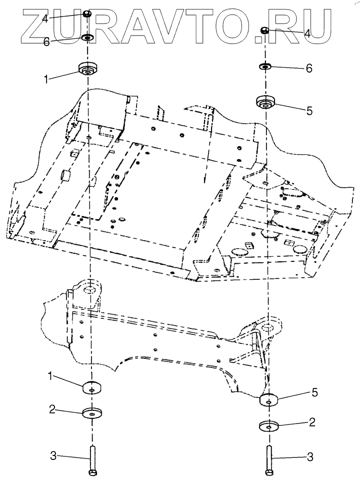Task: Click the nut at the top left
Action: coord(87,14)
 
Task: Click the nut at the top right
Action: coord(265,31)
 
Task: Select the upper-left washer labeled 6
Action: coord(88,38)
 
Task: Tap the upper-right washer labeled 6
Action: coord(264,66)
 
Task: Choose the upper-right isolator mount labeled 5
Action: coord(265,102)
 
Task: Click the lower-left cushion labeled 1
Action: coord(91,387)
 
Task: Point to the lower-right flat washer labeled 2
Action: coord(270,426)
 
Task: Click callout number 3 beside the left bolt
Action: coord(54,455)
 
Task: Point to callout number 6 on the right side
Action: coord(308,69)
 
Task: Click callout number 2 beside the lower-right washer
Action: coord(312,422)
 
